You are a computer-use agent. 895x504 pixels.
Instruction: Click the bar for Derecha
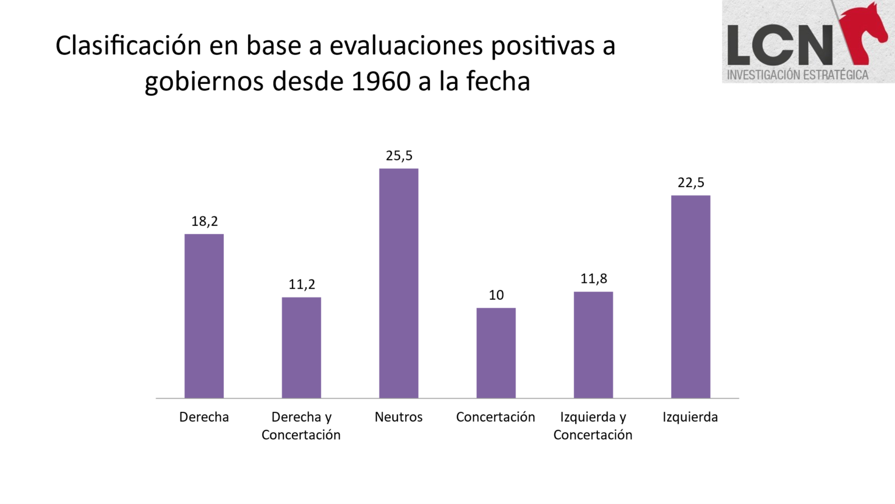tap(204, 316)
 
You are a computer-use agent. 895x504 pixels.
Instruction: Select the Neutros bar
tap(399, 283)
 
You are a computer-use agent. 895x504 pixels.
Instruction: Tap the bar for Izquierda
tap(690, 296)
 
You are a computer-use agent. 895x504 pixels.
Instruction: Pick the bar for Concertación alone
tap(496, 353)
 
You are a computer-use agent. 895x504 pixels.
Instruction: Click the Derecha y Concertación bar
tap(301, 348)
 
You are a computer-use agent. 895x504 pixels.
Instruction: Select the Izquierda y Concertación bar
tap(593, 345)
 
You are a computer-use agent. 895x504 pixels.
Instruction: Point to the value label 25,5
tap(399, 156)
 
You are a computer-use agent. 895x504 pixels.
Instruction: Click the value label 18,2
tap(205, 221)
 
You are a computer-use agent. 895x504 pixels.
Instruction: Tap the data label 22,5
tap(690, 183)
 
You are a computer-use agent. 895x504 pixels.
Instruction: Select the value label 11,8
tap(593, 279)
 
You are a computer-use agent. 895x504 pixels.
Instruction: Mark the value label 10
tap(496, 295)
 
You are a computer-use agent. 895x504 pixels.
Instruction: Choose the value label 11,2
tap(301, 284)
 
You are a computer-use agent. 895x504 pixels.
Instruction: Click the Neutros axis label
tap(399, 417)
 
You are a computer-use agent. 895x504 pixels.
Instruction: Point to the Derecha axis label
tap(204, 417)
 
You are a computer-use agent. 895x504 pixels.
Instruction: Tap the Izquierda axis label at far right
tap(690, 417)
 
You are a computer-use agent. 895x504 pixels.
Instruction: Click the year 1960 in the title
tap(381, 81)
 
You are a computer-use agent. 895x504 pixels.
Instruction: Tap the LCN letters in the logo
tap(780, 45)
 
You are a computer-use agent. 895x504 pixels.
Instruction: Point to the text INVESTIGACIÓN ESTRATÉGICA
tap(797, 75)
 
